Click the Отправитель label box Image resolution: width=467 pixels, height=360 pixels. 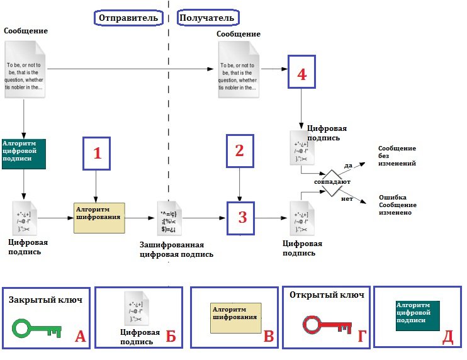point(129,18)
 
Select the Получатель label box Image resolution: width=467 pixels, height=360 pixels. point(210,18)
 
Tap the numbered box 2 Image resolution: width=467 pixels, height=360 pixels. point(239,151)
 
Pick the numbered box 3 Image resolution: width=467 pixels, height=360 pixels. point(242,218)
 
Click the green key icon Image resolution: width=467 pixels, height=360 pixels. point(36,328)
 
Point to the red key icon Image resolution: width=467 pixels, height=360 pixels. point(325,325)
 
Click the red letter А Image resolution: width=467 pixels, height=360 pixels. point(80,337)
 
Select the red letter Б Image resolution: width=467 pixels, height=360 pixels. point(171,337)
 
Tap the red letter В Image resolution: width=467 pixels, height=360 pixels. point(269,337)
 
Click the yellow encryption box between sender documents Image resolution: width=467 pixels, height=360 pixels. point(99,218)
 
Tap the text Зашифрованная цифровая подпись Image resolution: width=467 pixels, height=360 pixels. point(176,250)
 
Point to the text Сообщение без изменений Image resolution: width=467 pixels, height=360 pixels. point(397,156)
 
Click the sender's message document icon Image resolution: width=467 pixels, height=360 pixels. point(26,69)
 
